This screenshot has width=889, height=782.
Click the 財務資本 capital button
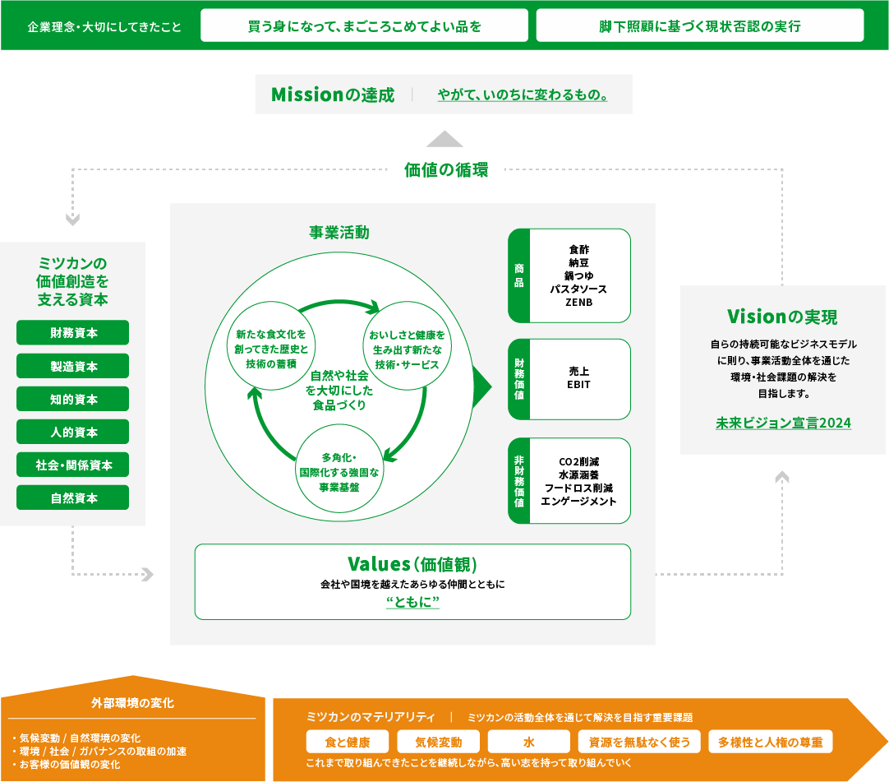72,333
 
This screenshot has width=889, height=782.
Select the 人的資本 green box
72,432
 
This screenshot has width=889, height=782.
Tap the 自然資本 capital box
72,497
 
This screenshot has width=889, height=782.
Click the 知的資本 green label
72,399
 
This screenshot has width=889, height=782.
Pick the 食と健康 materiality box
347,742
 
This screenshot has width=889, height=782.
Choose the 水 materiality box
528,742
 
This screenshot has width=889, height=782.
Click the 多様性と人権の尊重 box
770,742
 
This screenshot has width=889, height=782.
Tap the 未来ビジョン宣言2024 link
783,423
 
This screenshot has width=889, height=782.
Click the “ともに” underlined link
412,603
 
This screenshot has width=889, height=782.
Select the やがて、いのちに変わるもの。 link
523,95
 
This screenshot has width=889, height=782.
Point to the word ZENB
578,303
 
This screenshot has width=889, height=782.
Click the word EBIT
578,384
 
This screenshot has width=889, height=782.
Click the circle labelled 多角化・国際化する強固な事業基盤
339,472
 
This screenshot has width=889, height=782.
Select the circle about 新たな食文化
270,349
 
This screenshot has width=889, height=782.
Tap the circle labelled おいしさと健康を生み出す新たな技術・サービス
407,349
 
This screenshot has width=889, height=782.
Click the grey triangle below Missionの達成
444,138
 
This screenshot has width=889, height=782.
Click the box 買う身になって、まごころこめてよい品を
364,25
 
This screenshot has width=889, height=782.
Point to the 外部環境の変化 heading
132,703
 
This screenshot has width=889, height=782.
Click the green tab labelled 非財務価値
518,480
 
